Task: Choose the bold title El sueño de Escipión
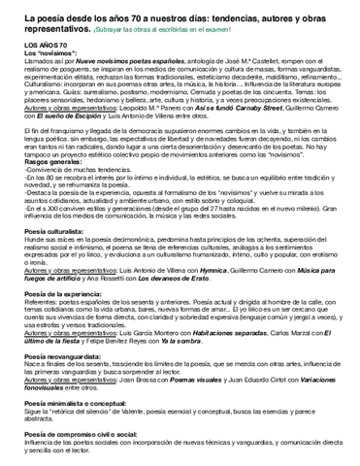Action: point(68,116)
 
